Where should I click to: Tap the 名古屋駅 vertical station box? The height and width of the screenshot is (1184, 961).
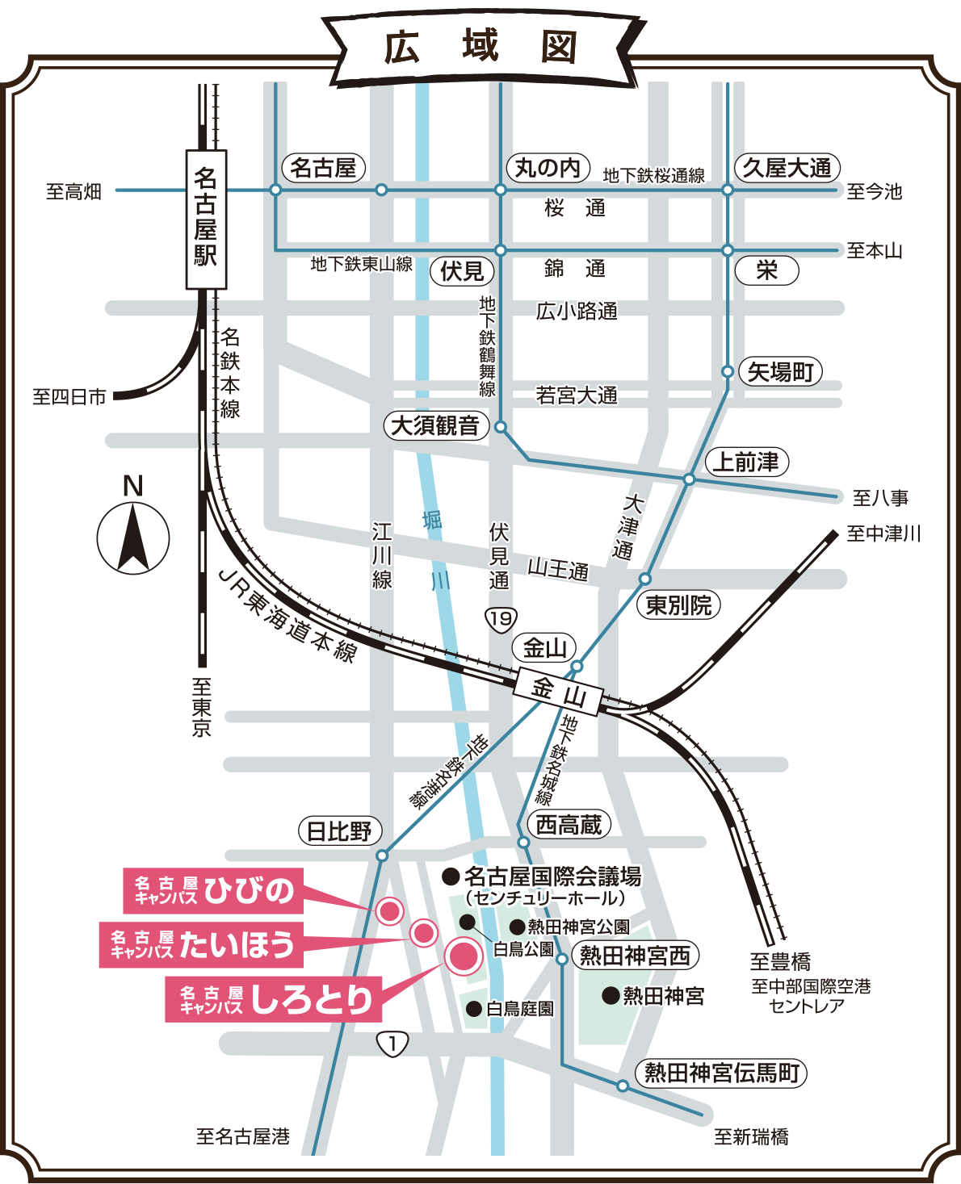tap(206, 219)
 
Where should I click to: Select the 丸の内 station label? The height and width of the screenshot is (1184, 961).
tap(548, 168)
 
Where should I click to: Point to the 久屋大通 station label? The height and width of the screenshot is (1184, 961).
tap(787, 168)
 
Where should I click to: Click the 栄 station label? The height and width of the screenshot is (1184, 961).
tap(766, 270)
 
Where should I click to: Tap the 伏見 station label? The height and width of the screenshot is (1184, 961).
tap(461, 271)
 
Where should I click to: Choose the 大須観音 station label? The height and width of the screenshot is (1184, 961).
tap(435, 425)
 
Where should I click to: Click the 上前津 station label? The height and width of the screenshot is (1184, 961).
tap(746, 462)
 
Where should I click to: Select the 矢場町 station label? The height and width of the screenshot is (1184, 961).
tap(780, 372)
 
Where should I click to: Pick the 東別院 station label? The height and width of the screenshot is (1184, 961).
tap(678, 605)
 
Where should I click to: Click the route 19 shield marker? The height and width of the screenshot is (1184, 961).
tap(500, 619)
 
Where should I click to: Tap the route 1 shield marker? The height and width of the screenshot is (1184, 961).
tap(392, 1044)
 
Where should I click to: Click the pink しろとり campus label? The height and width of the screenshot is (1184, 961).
tap(273, 999)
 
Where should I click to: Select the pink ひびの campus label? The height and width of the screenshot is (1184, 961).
tap(213, 891)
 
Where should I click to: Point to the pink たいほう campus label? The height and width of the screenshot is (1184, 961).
tap(201, 945)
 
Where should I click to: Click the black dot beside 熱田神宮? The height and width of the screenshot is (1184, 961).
tap(611, 995)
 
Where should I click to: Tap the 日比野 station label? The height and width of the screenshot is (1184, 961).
tap(339, 831)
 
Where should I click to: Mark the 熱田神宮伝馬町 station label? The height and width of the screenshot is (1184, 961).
tap(721, 1073)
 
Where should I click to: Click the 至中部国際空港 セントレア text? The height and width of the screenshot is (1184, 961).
tap(810, 996)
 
